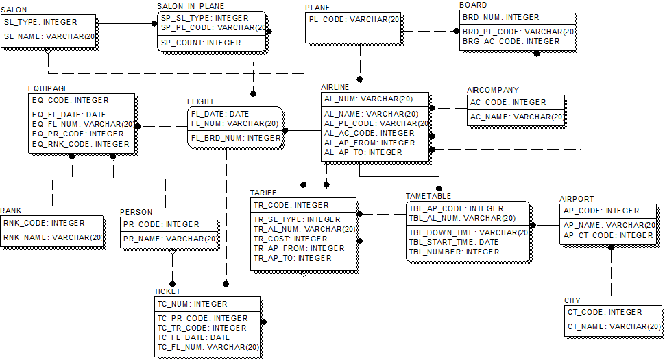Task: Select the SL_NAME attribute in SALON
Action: [49, 36]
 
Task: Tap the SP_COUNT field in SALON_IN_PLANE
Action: [200, 43]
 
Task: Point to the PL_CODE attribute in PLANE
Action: [352, 20]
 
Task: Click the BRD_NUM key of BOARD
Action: [500, 17]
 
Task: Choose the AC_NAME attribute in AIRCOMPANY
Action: [516, 117]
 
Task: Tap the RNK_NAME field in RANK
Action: [52, 237]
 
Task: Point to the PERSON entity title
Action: [136, 212]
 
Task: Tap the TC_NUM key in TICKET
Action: [192, 304]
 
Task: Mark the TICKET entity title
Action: [167, 291]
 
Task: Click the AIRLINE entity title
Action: [335, 87]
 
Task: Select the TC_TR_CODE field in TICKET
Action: [202, 328]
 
